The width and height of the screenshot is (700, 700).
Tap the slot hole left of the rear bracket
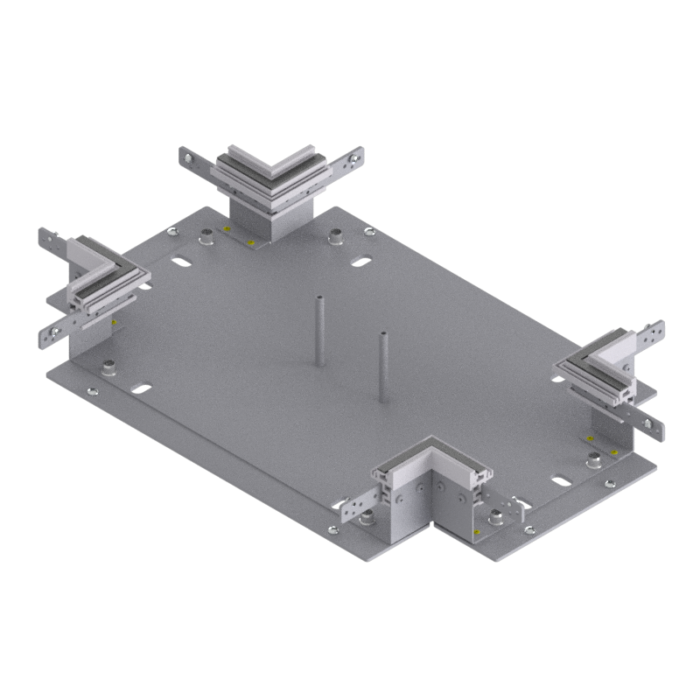pos(183,263)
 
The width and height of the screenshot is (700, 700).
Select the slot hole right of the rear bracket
pos(360,261)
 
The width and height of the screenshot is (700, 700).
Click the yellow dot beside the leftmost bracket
pos(114,325)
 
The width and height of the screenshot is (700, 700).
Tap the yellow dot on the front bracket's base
pos(476,530)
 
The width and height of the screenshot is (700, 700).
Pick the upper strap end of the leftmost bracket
pos(48,238)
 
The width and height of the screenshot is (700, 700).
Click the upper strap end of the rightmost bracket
pos(652,332)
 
